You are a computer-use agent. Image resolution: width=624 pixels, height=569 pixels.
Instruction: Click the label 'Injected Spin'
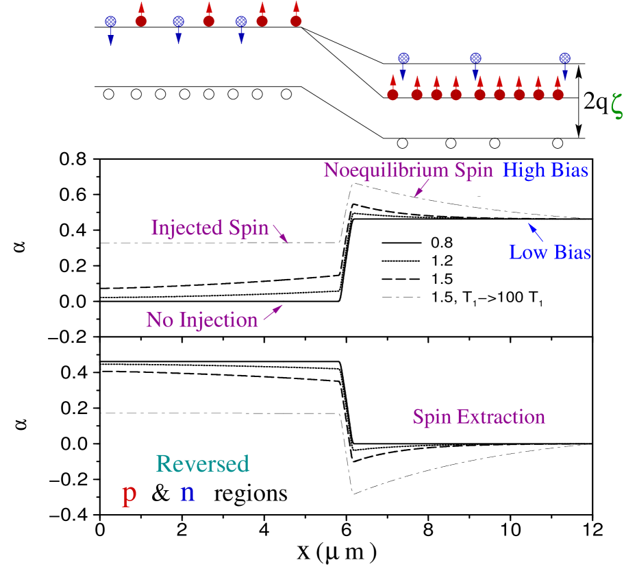coord(210,228)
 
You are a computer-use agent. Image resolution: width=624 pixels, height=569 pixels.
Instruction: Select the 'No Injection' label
coord(201,319)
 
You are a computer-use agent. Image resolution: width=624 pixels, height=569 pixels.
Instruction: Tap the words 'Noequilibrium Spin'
coord(408,170)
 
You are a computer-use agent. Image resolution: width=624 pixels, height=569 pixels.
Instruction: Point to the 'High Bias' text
coord(545,170)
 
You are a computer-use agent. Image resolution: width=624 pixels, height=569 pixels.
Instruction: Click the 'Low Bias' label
coord(549,252)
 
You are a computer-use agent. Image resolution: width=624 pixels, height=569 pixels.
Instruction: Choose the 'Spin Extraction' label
coord(478,417)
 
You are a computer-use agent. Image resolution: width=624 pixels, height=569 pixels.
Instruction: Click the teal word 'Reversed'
coord(202,464)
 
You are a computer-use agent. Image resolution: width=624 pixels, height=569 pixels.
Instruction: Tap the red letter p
coord(128,493)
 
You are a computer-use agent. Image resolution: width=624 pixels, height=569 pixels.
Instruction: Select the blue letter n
coord(187,493)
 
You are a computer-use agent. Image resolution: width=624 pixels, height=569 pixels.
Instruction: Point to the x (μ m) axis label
coord(337,552)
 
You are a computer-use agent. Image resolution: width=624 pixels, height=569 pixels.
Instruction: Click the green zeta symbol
coord(616,106)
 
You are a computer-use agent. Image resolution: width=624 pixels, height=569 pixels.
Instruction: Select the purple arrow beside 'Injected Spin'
coord(281,234)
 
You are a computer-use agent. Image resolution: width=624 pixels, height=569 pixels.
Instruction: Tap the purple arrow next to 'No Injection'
coord(273,313)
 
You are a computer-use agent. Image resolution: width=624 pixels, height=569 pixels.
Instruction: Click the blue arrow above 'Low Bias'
coord(536,232)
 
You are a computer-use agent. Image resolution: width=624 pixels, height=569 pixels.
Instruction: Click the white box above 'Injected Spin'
coord(199,193)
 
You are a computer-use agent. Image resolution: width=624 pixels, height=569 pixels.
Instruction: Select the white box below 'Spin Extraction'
coord(492,488)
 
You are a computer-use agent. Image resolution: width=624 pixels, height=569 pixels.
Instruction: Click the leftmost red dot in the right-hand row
coord(392,95)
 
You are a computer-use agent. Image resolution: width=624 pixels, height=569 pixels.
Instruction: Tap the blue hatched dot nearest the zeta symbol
coord(564,58)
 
